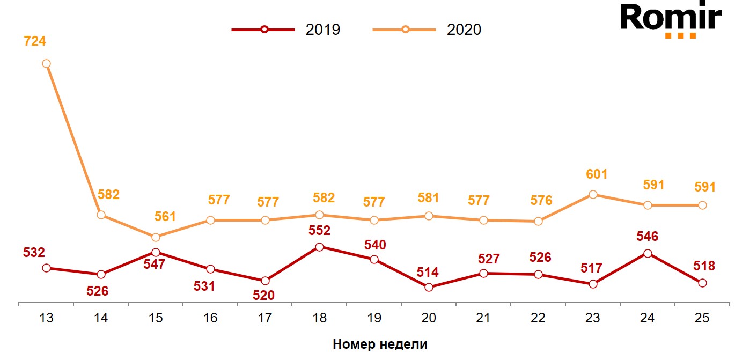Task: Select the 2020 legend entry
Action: (427, 30)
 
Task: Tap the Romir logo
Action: (671, 20)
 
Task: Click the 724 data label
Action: (35, 41)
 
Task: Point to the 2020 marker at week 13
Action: (46, 63)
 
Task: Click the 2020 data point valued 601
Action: (592, 194)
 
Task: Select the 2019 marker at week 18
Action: (319, 247)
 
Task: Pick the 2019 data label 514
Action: (428, 272)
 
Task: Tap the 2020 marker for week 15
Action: (156, 237)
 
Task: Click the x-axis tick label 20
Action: (428, 318)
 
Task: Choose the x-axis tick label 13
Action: (46, 318)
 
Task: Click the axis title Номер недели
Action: (380, 344)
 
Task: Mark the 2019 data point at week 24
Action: (647, 253)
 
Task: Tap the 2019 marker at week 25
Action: (702, 283)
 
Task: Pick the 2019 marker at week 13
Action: (46, 268)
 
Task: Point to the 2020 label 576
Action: (541, 201)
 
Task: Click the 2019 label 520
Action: (263, 295)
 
